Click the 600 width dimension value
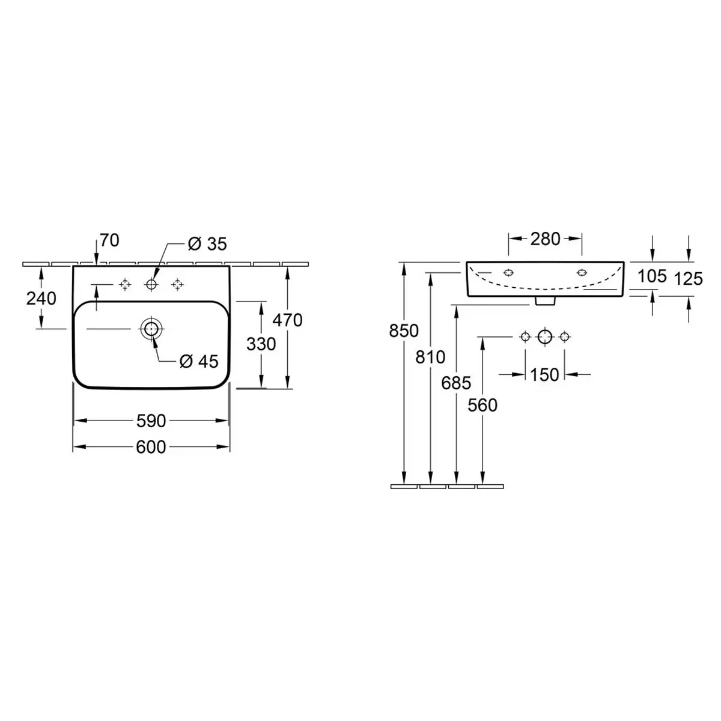(x=151, y=447)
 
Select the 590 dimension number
(x=151, y=421)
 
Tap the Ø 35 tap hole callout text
(x=207, y=244)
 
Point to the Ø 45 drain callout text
(x=199, y=362)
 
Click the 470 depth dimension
(x=287, y=320)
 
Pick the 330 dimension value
(x=261, y=344)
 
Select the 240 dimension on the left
(x=41, y=299)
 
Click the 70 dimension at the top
(x=109, y=240)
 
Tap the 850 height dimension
(x=404, y=330)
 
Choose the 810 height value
(x=430, y=357)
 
